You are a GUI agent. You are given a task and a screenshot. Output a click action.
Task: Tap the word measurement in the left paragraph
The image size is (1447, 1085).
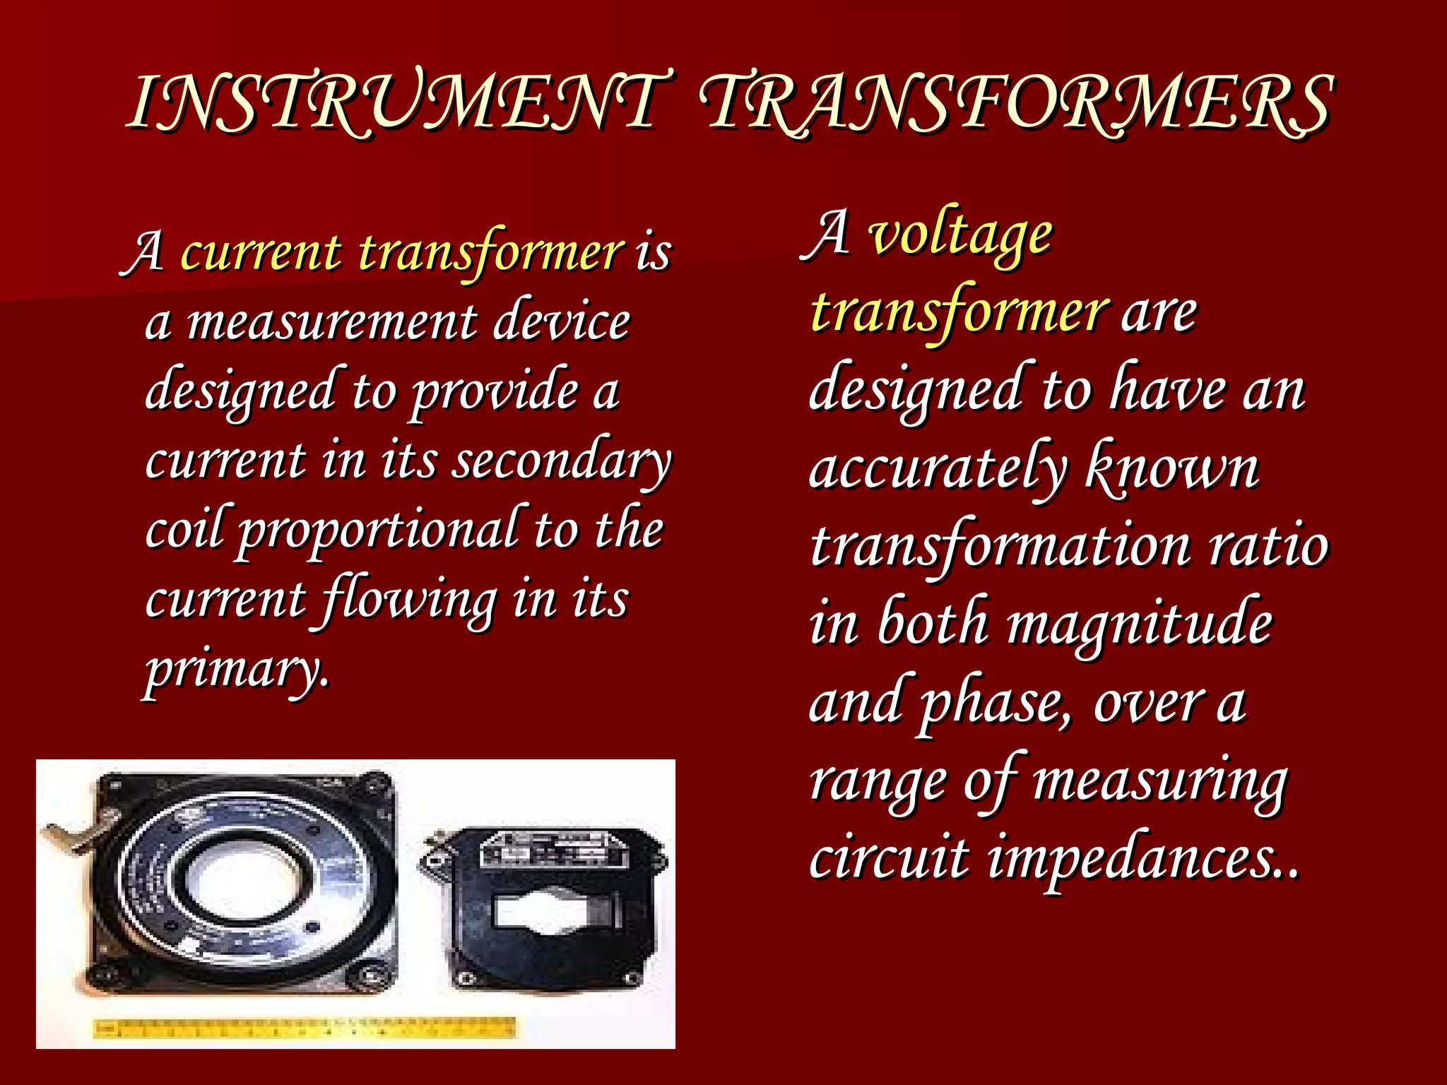(332, 322)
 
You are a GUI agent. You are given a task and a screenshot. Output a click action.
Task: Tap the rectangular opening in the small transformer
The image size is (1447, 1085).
(544, 911)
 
